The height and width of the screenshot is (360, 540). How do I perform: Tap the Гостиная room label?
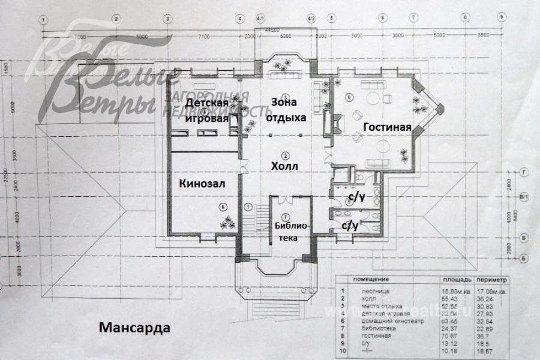coord(387,127)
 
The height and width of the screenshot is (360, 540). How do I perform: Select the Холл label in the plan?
coord(285,164)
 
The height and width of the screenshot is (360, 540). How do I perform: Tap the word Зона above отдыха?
coord(285,101)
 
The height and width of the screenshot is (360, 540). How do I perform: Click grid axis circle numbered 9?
coord(501,19)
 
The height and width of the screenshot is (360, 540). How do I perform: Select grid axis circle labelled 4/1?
coord(260,19)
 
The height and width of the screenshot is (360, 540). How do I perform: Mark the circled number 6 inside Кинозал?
coord(224,208)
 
